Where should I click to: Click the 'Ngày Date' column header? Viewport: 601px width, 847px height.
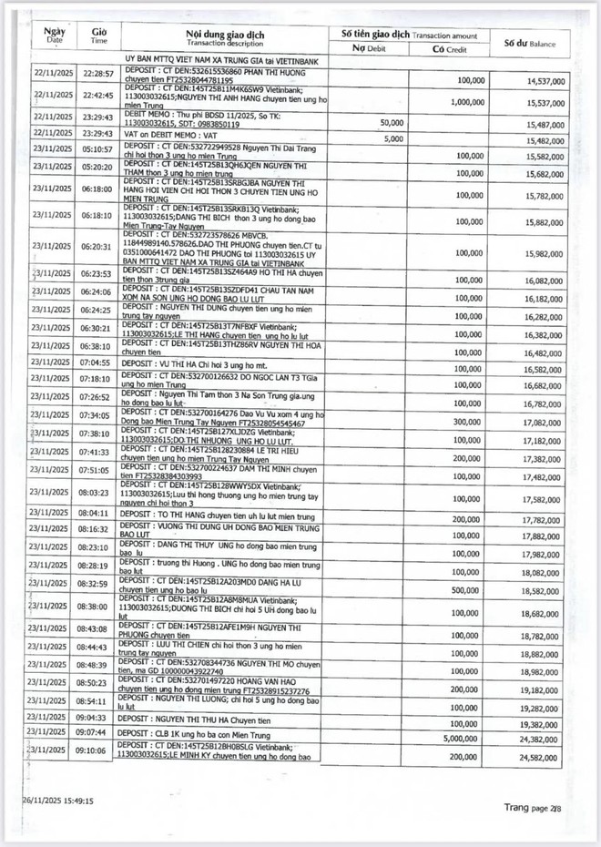[x=55, y=36]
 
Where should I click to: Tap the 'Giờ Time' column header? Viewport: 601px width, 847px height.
[x=99, y=36]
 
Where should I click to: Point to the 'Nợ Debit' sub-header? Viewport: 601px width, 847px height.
[x=371, y=48]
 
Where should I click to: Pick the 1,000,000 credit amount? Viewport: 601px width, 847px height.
[x=464, y=103]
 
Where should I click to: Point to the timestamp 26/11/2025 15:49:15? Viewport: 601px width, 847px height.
[x=59, y=801]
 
